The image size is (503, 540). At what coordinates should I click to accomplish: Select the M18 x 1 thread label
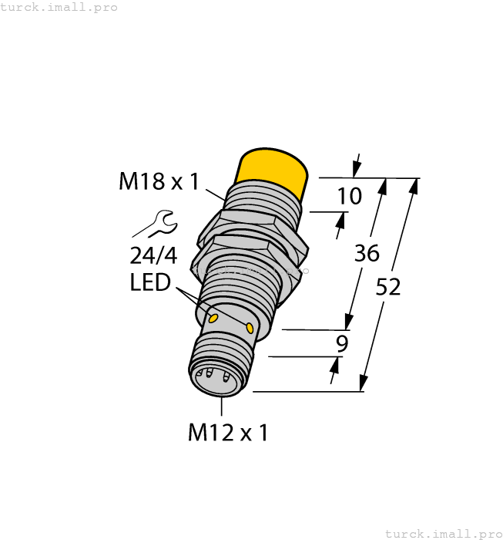pyautogui.click(x=159, y=181)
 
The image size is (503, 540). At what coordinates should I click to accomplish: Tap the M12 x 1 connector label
pyautogui.click(x=228, y=433)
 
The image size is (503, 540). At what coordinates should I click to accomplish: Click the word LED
pyautogui.click(x=149, y=283)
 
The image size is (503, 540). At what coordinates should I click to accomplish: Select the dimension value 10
pyautogui.click(x=349, y=196)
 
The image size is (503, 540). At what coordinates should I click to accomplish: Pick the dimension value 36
pyautogui.click(x=367, y=254)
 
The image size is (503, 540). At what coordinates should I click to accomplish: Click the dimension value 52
pyautogui.click(x=388, y=287)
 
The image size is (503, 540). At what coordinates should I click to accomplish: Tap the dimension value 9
pyautogui.click(x=343, y=343)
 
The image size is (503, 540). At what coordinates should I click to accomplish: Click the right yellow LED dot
pyautogui.click(x=250, y=329)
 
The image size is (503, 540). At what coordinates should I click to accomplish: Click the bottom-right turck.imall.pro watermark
pyautogui.click(x=442, y=533)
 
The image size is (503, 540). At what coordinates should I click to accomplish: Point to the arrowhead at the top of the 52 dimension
pyautogui.click(x=414, y=185)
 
